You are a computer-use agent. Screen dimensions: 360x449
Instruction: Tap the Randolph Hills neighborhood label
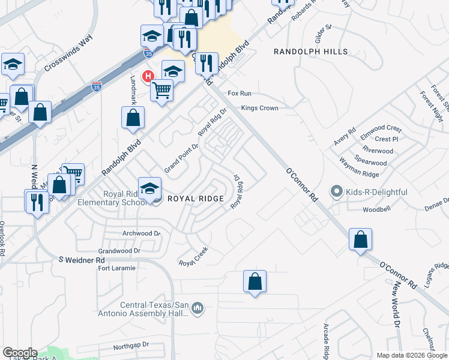[x=310, y=52]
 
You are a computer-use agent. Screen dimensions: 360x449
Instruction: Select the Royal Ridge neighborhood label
[x=195, y=199]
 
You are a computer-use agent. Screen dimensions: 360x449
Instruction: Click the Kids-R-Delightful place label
[x=377, y=192]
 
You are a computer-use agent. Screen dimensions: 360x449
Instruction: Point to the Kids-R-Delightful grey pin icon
[x=336, y=192]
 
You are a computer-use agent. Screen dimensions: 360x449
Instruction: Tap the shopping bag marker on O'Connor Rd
[x=360, y=240]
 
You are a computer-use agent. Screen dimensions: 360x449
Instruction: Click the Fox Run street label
[x=239, y=94]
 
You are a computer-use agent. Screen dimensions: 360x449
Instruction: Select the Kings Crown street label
[x=259, y=108]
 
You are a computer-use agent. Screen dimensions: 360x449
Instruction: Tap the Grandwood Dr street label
[x=119, y=250]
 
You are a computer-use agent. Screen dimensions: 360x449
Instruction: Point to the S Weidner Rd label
[x=82, y=260]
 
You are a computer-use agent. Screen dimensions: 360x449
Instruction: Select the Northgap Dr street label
[x=130, y=346]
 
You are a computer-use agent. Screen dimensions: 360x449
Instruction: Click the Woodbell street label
[x=378, y=210]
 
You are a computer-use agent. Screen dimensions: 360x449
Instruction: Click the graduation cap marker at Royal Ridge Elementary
[x=149, y=188]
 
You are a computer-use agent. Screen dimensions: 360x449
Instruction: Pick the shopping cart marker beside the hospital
[x=161, y=91]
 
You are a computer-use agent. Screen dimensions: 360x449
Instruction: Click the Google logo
[x=19, y=353]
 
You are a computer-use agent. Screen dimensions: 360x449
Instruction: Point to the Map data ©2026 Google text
[x=411, y=355]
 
